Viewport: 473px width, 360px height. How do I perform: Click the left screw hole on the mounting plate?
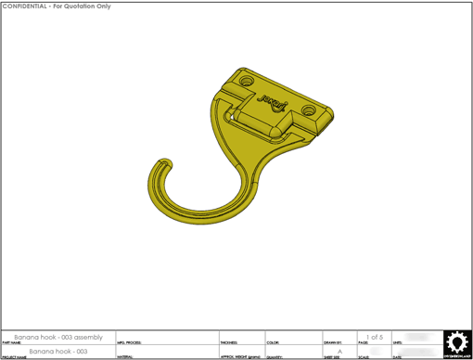[248, 82]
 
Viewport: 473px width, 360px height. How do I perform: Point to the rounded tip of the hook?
[169, 164]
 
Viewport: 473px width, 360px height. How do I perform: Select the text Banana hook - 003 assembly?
[58, 337]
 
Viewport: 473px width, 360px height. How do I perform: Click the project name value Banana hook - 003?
[58, 352]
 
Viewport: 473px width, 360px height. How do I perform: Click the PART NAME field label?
[11, 342]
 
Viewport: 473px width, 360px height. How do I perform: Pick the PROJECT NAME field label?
[14, 357]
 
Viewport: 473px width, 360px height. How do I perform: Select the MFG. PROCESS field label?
[129, 342]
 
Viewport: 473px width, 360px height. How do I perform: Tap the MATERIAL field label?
[125, 357]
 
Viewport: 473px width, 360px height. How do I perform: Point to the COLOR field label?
[273, 342]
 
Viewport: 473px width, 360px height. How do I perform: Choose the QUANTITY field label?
[275, 357]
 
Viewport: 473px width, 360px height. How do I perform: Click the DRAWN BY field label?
[332, 342]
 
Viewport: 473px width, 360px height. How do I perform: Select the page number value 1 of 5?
[374, 337]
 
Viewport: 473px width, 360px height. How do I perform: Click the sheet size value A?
[339, 352]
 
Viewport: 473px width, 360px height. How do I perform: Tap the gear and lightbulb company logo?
[454, 342]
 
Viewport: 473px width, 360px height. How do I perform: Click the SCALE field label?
[364, 357]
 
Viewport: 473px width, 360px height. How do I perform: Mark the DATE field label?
[397, 357]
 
